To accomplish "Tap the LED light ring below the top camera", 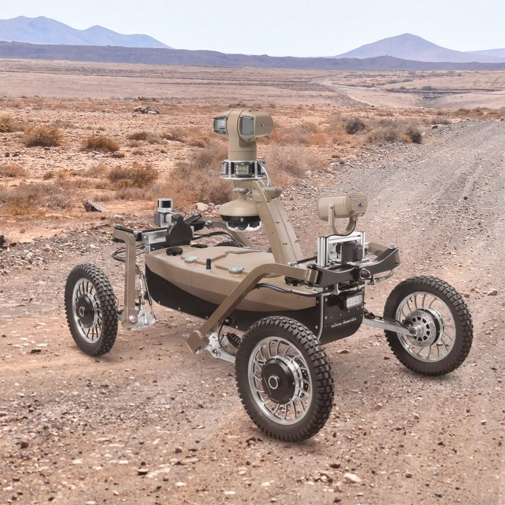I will click(x=243, y=169).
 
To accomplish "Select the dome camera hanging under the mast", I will click(x=240, y=216).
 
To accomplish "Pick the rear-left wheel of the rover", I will click(x=91, y=310).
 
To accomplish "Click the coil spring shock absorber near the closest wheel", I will click(x=233, y=340).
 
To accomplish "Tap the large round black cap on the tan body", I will click(x=174, y=251).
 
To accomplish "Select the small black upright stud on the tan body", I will click(x=209, y=263).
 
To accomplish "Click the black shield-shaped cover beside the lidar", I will click(x=179, y=232).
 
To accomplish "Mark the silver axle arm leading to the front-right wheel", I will click(x=385, y=324).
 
